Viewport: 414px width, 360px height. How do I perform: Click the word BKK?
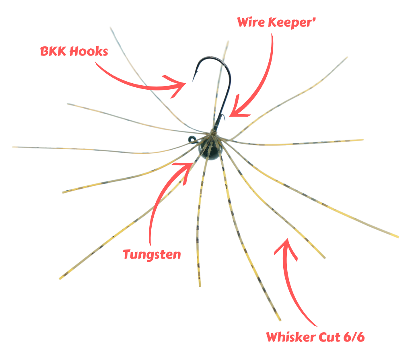tap(53, 51)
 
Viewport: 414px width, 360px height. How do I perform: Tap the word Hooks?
tap(89, 51)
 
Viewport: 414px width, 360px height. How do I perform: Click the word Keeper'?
tap(292, 23)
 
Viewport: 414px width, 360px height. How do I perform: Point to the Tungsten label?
tap(152, 255)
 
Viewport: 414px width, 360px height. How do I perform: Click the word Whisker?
tap(290, 337)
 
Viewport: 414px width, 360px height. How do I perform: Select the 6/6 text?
tap(354, 337)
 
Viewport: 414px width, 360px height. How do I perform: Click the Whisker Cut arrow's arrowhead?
tap(286, 247)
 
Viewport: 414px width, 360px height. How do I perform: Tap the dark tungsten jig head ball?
tap(210, 150)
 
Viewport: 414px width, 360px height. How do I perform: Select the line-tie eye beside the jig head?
tap(192, 139)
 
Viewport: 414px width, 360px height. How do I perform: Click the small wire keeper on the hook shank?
tap(223, 117)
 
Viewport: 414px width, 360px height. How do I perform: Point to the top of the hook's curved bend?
tap(211, 58)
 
